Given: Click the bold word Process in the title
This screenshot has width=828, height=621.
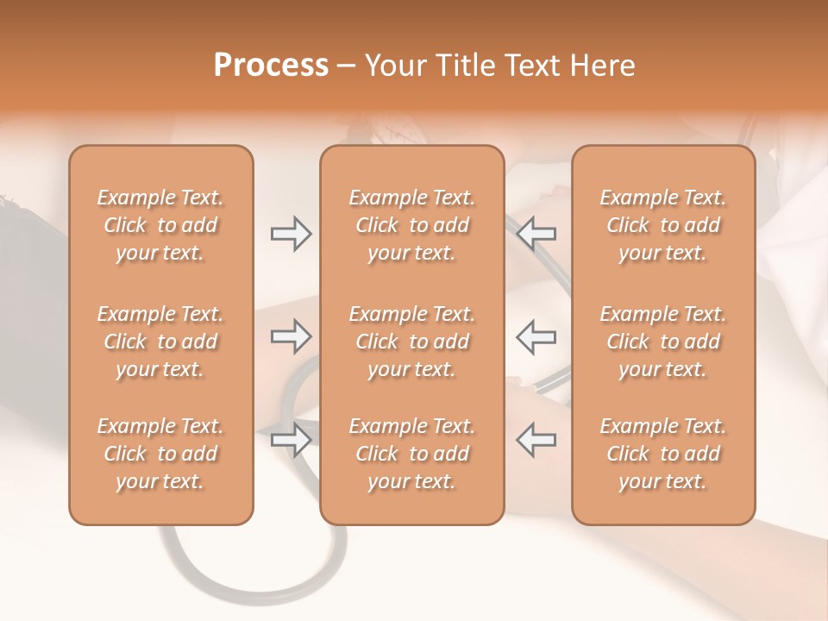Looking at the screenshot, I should click(271, 66).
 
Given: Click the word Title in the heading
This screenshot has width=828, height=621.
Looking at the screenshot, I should click(461, 66).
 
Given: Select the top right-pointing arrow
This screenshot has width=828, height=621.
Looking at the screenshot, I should click(291, 234).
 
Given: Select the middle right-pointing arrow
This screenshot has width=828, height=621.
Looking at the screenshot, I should click(291, 336).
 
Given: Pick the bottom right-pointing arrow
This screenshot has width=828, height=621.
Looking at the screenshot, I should click(291, 440).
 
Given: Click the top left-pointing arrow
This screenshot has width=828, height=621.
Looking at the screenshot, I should click(536, 234).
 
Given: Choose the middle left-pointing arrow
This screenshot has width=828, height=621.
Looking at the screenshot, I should click(536, 336).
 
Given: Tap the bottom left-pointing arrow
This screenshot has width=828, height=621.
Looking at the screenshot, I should click(536, 440).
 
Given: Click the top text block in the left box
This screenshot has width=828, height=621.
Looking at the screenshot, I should click(160, 225).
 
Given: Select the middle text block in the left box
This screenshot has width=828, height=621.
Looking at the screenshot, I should click(160, 342).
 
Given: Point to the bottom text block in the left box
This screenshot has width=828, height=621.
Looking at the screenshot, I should click(160, 454).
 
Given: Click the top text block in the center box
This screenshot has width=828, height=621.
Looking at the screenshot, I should click(411, 225).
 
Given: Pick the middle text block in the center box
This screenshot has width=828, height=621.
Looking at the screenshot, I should click(411, 342).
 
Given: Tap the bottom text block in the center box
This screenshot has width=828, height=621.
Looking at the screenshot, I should click(411, 454).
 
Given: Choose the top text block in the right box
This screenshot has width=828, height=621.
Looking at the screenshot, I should click(663, 225).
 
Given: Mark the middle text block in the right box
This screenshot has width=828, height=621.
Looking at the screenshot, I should click(663, 342).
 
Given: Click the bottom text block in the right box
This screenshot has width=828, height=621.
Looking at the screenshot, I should click(663, 454).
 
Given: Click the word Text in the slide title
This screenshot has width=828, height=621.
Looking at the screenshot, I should click(533, 66).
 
